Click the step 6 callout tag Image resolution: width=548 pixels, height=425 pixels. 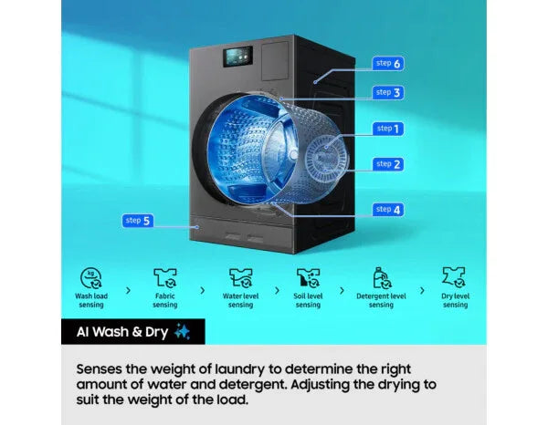388,63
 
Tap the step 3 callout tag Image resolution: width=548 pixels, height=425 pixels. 388,92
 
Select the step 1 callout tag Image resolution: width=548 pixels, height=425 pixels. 388,129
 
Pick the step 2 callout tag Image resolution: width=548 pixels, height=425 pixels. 388,164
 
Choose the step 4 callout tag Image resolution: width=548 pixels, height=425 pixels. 388,209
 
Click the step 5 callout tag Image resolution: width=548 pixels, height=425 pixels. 137,220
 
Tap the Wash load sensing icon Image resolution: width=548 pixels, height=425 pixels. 91,276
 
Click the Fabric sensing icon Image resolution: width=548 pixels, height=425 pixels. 165,276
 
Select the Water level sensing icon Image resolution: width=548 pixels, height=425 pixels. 239,276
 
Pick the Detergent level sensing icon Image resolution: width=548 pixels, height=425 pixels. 382,276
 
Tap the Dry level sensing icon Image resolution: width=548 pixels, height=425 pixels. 454,276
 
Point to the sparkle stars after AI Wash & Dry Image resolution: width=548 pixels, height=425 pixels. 183,331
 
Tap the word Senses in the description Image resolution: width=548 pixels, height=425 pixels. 105,368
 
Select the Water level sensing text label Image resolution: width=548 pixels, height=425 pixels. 239,300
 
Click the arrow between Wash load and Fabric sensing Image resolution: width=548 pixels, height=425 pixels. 128,290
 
